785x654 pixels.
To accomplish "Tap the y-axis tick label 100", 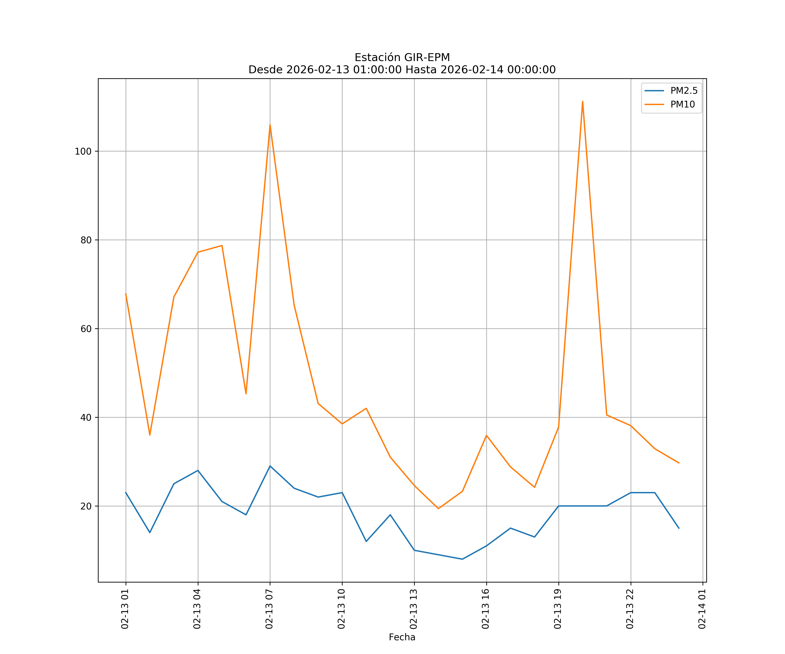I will (x=83, y=151).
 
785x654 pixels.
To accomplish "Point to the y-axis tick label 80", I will (x=86, y=240).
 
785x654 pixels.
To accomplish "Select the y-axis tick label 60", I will (x=86, y=329).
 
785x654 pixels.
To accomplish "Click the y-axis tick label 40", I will (x=86, y=417).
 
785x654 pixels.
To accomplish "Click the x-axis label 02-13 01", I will (x=125, y=609).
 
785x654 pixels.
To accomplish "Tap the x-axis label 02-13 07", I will (x=269, y=609).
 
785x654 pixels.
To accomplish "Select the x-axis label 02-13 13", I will (x=413, y=609).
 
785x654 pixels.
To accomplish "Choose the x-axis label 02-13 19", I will (x=558, y=609).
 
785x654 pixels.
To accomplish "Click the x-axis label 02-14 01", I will (x=702, y=609).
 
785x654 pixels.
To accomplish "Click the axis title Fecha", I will (x=402, y=637).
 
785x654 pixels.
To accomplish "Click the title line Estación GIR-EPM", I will (x=402, y=58).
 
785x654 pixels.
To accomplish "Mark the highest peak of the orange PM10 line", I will (x=582, y=101).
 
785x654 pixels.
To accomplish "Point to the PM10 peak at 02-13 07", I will (x=270, y=125).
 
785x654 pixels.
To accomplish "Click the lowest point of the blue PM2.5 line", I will (x=462, y=559).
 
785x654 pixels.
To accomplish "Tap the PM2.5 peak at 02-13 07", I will (x=270, y=466).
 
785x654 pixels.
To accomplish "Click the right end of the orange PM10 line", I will (x=679, y=463).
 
